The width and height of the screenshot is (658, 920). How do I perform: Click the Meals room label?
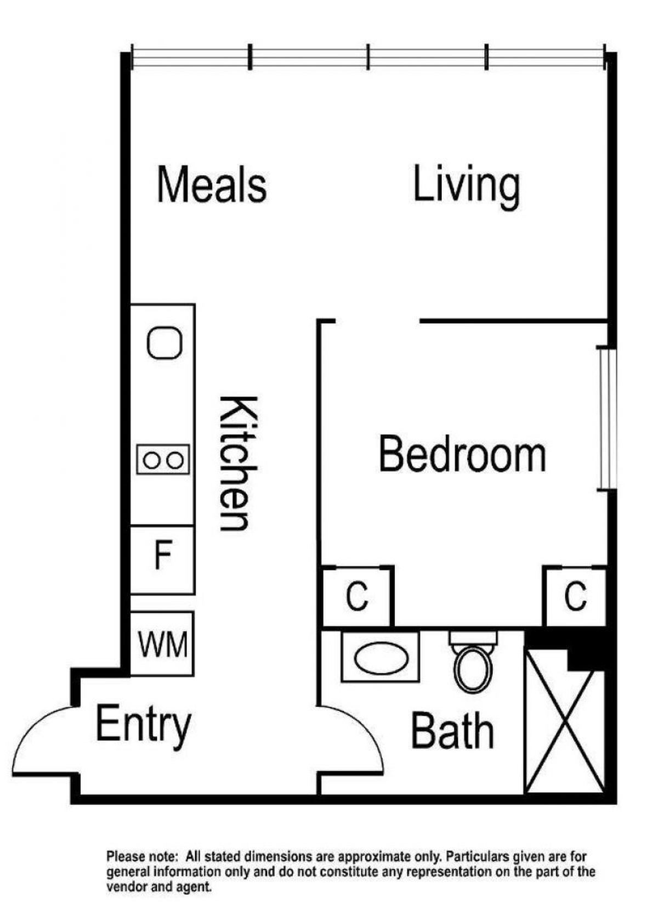pyautogui.click(x=212, y=184)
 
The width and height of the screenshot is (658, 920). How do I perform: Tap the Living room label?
pyautogui.click(x=466, y=187)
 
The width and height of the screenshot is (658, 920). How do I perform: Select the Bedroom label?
pyautogui.click(x=463, y=454)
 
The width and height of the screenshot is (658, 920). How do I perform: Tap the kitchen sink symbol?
pyautogui.click(x=164, y=343)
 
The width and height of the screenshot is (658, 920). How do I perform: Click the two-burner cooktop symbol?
pyautogui.click(x=163, y=460)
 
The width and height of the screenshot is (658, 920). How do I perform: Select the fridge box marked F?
pyautogui.click(x=162, y=560)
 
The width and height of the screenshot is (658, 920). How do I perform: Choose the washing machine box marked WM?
pyautogui.click(x=162, y=644)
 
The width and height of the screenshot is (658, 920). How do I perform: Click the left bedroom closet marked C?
pyautogui.click(x=357, y=597)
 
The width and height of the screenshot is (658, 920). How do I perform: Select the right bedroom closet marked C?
pyautogui.click(x=575, y=597)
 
